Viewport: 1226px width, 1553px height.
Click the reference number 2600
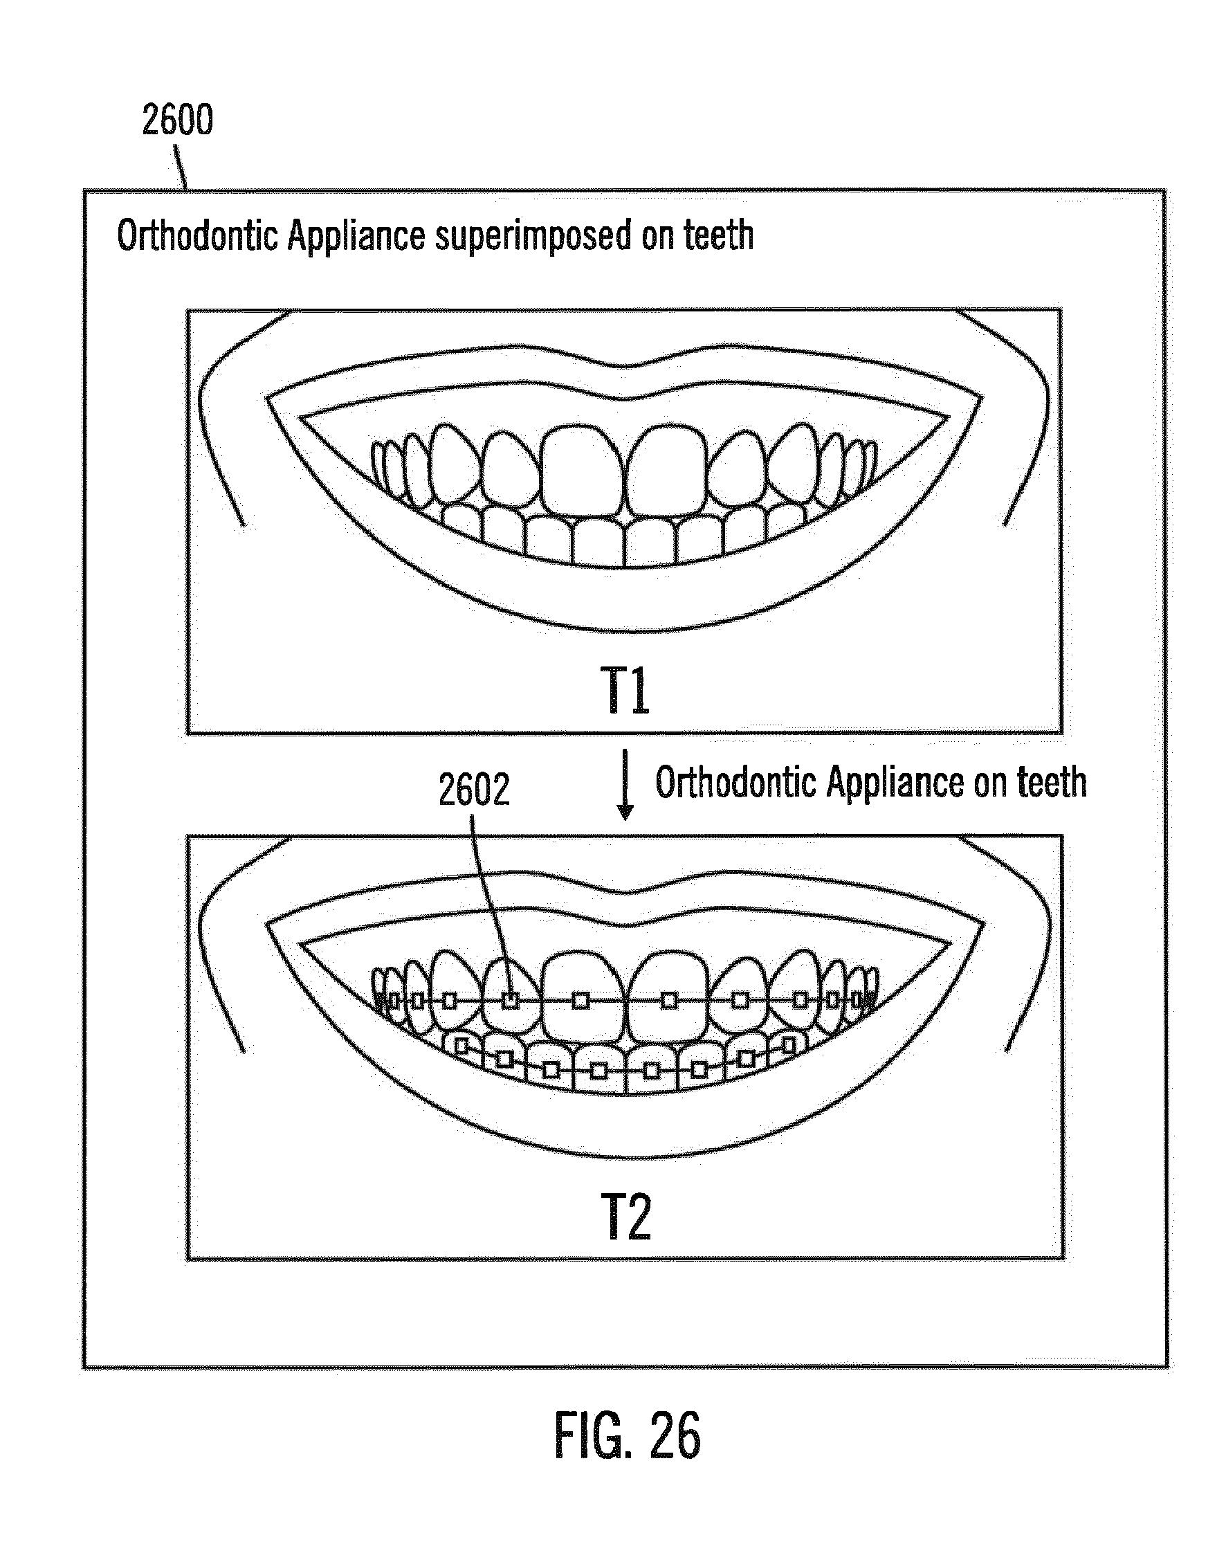(177, 120)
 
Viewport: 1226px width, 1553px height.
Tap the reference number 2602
(474, 790)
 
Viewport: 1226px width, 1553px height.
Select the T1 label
(625, 690)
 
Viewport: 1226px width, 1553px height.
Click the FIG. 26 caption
(627, 1435)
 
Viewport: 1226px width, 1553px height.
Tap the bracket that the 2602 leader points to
(510, 999)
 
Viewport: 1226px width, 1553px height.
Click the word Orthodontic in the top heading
(196, 235)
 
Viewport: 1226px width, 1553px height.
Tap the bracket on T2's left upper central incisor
(581, 999)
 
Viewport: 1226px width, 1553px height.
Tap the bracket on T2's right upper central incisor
(669, 999)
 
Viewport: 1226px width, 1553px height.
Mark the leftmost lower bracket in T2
(463, 1046)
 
